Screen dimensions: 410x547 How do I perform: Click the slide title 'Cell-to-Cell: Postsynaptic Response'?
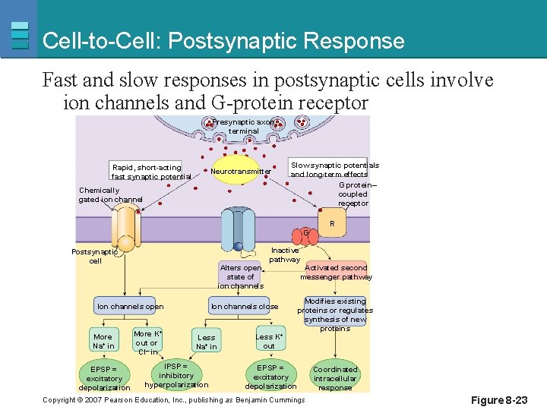pos(223,40)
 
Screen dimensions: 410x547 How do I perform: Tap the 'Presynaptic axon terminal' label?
pos(244,126)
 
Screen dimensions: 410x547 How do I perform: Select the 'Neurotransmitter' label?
pos(240,172)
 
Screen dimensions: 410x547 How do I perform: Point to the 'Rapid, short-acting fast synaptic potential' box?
pos(150,172)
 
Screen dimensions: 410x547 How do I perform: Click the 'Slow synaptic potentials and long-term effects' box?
pos(334,169)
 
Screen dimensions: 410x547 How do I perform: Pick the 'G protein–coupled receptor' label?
pos(353,194)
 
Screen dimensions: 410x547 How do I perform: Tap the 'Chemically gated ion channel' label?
pos(110,195)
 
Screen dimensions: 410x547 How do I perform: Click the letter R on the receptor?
pos(331,224)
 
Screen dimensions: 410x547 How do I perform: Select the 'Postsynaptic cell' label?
pos(95,256)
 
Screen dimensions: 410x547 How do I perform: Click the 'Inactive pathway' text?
pos(285,254)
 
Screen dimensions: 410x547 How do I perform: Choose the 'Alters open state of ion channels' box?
pos(241,276)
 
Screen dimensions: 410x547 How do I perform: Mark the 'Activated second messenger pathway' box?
pos(336,272)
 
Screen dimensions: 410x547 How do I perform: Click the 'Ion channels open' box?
pos(130,307)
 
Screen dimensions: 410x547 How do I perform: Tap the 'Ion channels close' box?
pos(244,307)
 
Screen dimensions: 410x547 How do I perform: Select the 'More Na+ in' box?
pos(103,341)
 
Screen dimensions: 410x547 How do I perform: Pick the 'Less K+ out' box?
pos(269,341)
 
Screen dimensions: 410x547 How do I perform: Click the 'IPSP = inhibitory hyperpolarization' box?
pos(176,375)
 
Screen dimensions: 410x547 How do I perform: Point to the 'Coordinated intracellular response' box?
pos(335,378)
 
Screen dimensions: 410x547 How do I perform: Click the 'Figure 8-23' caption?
pos(498,400)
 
